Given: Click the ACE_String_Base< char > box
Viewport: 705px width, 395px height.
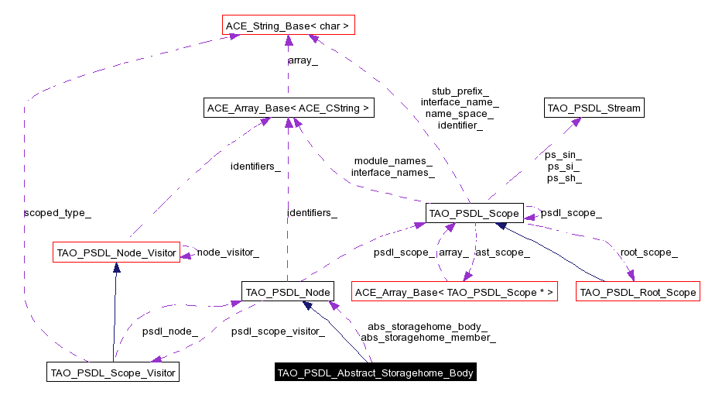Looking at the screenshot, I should tap(287, 26).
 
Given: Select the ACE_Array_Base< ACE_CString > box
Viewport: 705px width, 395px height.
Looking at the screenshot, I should tap(288, 108).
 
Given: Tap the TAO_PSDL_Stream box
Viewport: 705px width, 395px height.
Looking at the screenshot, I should tap(594, 108).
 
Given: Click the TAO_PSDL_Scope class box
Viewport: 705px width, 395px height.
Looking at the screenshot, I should tap(474, 212).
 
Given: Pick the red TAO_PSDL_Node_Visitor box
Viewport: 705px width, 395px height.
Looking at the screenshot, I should tap(116, 252).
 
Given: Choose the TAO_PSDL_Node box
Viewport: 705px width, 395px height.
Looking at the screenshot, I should tap(287, 292).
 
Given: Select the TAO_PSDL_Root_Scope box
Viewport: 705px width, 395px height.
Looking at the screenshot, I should tap(638, 292).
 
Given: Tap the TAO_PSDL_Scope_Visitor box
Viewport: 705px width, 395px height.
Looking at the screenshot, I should tap(113, 373).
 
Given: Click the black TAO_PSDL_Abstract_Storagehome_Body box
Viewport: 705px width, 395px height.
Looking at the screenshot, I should tap(375, 373).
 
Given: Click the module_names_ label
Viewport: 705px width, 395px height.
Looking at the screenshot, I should tap(392, 160).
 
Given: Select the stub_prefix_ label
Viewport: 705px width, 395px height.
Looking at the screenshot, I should tap(460, 91).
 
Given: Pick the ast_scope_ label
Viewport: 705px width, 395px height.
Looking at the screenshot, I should tap(501, 252).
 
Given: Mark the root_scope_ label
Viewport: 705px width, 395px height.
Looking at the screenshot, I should tap(649, 252).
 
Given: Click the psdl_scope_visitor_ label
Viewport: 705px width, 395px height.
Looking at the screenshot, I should tap(277, 331).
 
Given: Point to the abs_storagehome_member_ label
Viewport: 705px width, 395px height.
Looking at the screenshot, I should tap(428, 337).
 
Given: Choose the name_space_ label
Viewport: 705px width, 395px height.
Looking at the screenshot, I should tap(460, 113).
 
